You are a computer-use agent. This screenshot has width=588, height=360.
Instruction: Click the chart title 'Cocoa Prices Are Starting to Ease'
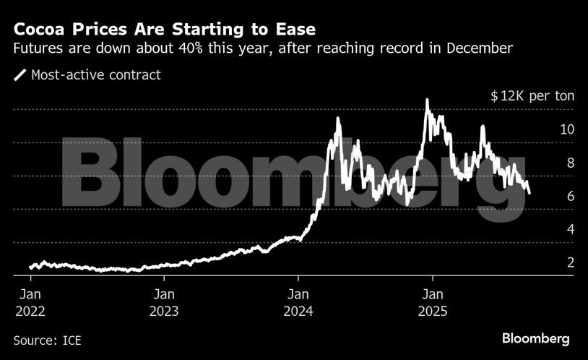pyautogui.click(x=164, y=30)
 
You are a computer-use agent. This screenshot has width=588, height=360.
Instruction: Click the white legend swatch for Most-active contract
pyautogui.click(x=20, y=74)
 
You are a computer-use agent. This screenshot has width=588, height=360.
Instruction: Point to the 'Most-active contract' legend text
pyautogui.click(x=96, y=74)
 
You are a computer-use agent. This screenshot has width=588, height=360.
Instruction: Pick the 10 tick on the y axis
pyautogui.click(x=566, y=130)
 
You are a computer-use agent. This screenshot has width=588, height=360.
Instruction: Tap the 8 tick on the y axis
pyautogui.click(x=570, y=163)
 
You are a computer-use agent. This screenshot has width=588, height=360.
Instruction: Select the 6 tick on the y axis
pyautogui.click(x=570, y=197)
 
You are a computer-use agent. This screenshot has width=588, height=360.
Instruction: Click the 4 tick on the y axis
pyautogui.click(x=570, y=230)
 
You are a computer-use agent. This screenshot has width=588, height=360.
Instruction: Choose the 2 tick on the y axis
pyautogui.click(x=570, y=263)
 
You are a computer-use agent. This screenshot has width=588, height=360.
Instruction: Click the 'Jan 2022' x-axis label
pyautogui.click(x=30, y=303)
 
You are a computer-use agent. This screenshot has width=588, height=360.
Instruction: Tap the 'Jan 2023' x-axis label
pyautogui.click(x=165, y=303)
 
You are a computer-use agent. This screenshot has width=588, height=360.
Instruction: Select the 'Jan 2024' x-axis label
pyautogui.click(x=298, y=303)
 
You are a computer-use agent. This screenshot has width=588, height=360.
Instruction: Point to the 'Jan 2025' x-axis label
pyautogui.click(x=433, y=303)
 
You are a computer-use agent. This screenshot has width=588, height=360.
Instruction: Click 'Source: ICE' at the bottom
pyautogui.click(x=47, y=339)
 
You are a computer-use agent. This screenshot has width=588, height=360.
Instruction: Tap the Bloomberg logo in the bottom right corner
pyautogui.click(x=535, y=338)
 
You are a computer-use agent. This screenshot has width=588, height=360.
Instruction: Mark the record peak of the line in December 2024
pyautogui.click(x=427, y=100)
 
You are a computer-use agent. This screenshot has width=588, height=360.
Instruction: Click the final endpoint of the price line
pyautogui.click(x=529, y=193)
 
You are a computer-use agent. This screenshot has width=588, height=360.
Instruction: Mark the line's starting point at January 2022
pyautogui.click(x=30, y=267)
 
